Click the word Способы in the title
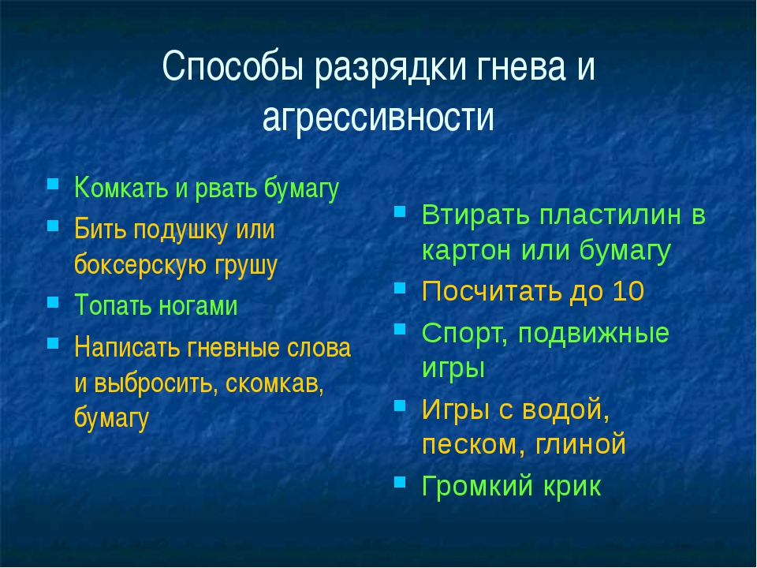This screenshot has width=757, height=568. click(233, 67)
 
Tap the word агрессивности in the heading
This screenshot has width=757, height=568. click(378, 117)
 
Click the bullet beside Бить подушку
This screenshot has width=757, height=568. click(53, 226)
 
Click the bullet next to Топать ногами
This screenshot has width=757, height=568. click(53, 302)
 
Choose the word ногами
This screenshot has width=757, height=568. click(199, 306)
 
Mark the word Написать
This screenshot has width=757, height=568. click(127, 347)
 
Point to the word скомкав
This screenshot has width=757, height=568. click(274, 383)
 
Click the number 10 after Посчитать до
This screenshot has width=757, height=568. click(628, 291)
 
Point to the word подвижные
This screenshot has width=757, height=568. click(593, 334)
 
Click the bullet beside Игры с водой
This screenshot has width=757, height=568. click(400, 405)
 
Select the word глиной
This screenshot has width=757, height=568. click(581, 444)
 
